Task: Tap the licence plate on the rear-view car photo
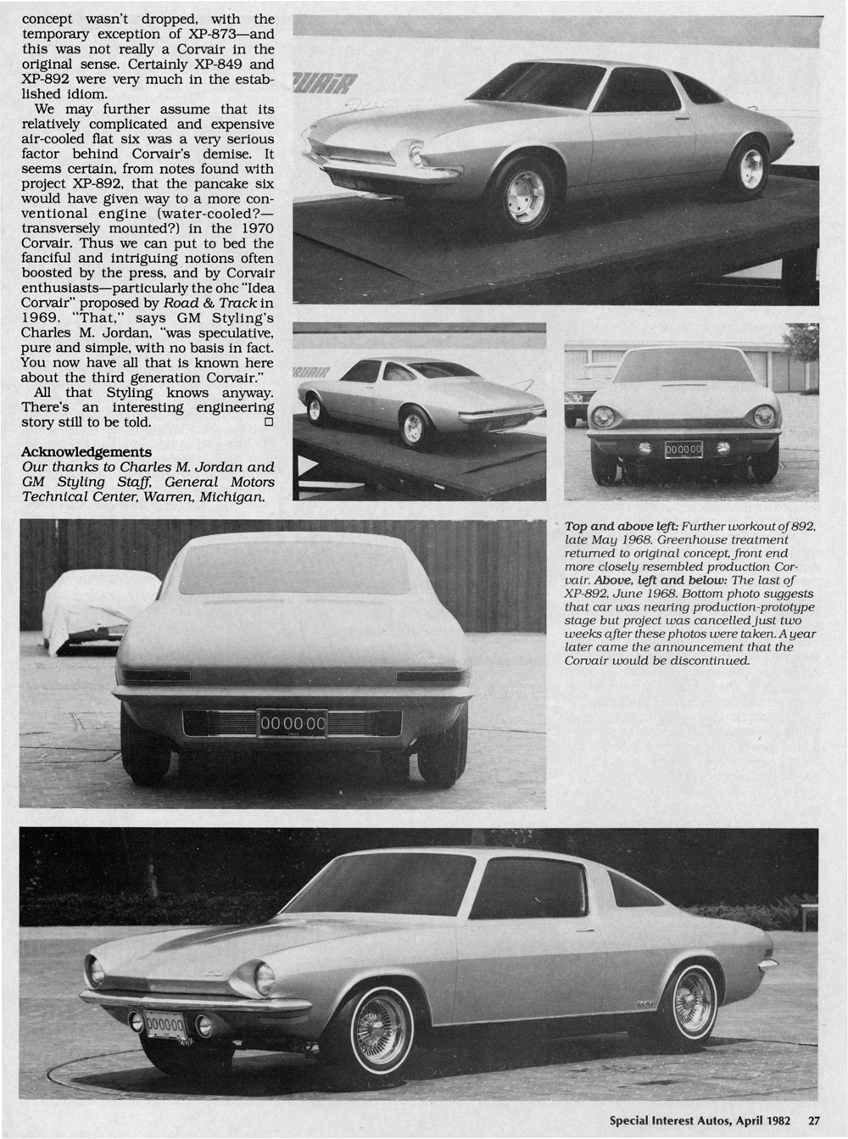point(292,723)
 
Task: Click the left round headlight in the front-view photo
point(605,416)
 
